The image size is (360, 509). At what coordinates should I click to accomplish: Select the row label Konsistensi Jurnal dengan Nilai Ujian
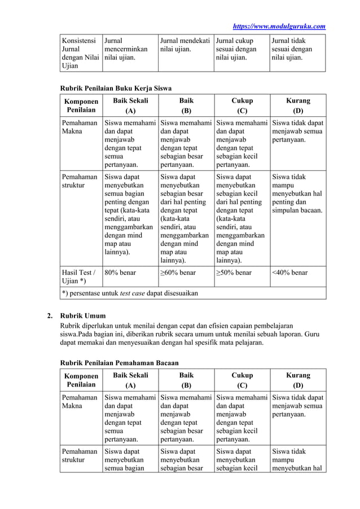78,53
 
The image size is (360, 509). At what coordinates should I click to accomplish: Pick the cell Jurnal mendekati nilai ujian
185,45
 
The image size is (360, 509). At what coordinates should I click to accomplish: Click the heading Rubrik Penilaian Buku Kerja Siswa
116,88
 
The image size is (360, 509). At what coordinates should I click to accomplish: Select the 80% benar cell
121,273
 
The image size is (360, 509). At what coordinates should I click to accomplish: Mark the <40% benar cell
289,273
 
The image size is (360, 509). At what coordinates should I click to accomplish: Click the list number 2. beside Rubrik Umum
50,315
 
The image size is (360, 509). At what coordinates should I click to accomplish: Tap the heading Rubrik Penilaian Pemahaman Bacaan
119,362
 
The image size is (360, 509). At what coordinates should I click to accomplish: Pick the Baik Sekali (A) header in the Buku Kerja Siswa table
130,106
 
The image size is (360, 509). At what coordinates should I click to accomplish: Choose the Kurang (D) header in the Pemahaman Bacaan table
298,380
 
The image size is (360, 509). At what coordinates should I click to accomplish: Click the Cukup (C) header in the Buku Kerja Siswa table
242,106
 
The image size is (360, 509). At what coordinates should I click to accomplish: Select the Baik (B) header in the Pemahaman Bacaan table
186,380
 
